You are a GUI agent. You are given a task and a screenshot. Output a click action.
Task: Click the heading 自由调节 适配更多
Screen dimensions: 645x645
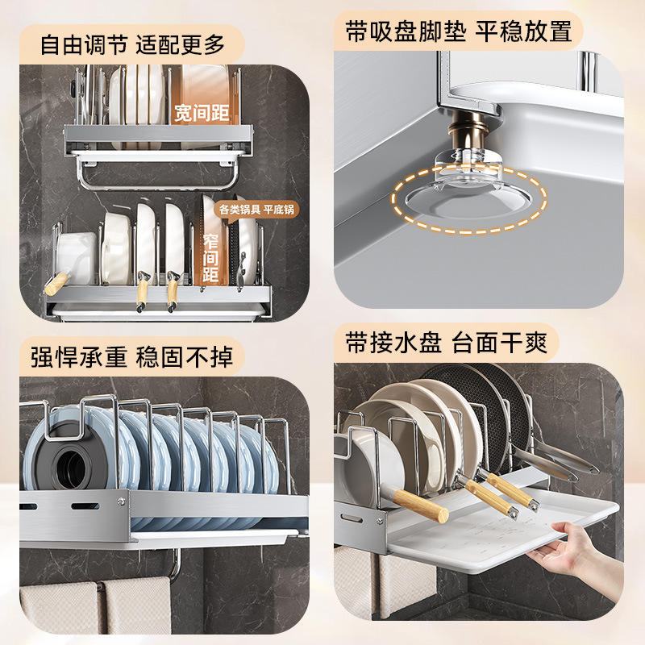click(x=132, y=43)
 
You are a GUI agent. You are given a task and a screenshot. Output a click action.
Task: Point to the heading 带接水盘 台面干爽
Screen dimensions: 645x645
click(x=447, y=343)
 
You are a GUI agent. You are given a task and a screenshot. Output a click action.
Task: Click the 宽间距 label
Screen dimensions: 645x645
click(x=202, y=113)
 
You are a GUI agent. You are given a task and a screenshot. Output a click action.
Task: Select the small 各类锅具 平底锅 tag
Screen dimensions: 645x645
click(x=257, y=210)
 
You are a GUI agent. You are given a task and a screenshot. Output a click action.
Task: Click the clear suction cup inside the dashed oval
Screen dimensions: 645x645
click(x=468, y=193)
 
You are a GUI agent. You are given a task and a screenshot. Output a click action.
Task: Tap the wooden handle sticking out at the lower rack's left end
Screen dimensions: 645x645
click(x=56, y=284)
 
